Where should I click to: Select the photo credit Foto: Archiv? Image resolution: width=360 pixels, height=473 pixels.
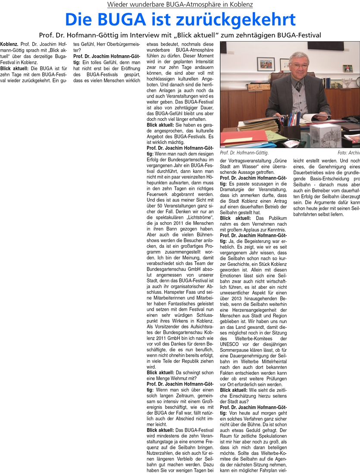[348, 153]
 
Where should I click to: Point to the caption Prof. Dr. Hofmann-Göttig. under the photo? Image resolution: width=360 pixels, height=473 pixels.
[244, 153]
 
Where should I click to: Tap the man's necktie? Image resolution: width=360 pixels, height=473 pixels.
[298, 86]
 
